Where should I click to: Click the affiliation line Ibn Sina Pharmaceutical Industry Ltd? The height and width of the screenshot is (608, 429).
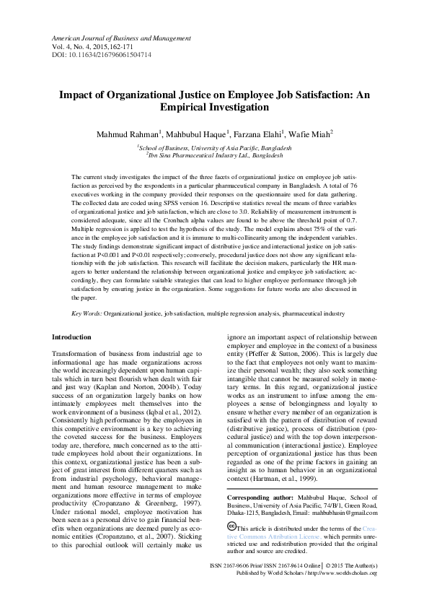point(216,155)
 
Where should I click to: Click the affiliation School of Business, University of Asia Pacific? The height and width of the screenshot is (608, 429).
point(216,147)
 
